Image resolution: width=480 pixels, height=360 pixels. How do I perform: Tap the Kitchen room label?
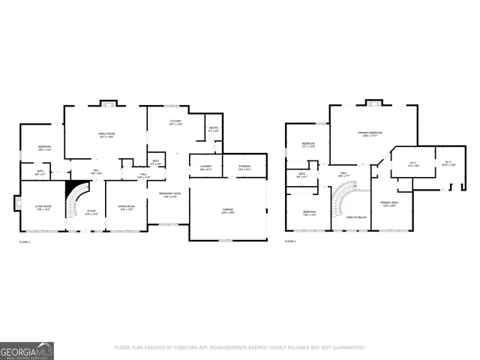coord(175,121)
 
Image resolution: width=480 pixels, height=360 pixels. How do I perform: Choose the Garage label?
coord(228,212)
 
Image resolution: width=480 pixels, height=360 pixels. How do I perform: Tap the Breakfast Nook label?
coord(168,195)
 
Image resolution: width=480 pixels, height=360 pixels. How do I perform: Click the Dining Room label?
coord(125,208)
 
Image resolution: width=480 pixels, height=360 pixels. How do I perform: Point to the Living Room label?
coord(43,208)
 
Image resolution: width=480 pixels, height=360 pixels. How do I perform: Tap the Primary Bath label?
coord(389,203)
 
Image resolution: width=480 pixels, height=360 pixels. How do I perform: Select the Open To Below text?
coord(355,217)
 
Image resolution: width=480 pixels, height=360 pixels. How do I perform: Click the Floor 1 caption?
coord(25,242)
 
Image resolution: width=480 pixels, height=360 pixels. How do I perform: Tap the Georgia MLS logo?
coord(27,350)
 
